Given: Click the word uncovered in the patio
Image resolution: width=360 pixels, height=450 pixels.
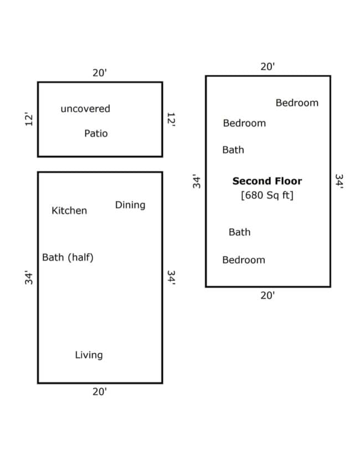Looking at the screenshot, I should [85, 108].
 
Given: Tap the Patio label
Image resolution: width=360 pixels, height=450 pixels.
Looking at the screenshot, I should [96, 133].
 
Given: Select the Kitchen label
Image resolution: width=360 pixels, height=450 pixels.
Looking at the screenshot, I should [69, 210].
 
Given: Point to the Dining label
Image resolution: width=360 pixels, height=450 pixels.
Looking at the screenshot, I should [130, 205].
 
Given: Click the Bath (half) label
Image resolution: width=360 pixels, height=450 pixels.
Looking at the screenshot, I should [68, 257].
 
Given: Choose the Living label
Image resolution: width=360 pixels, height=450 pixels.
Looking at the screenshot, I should [89, 355].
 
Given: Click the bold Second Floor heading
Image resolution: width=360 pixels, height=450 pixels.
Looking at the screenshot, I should [267, 181].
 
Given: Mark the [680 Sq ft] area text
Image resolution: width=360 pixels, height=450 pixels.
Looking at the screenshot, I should [267, 195].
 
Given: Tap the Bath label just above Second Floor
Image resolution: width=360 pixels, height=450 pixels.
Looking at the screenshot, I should [233, 150].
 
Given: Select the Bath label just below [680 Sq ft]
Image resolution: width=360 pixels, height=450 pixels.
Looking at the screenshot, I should [239, 232].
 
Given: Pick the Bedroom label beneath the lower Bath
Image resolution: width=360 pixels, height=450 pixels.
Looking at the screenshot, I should [244, 260].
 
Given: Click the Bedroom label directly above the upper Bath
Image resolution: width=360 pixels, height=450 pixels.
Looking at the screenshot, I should [244, 123].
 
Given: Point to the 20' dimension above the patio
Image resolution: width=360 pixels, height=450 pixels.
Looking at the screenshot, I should [100, 73].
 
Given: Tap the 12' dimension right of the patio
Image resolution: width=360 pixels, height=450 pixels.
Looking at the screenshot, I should [171, 119].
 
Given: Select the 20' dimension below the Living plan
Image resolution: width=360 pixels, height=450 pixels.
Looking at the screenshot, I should [100, 391].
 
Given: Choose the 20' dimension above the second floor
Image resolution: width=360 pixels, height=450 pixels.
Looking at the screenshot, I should [268, 66].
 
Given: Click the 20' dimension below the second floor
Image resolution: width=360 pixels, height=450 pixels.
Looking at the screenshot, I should [268, 296].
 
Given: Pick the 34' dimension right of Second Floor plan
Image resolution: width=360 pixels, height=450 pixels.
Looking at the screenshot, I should [340, 181].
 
